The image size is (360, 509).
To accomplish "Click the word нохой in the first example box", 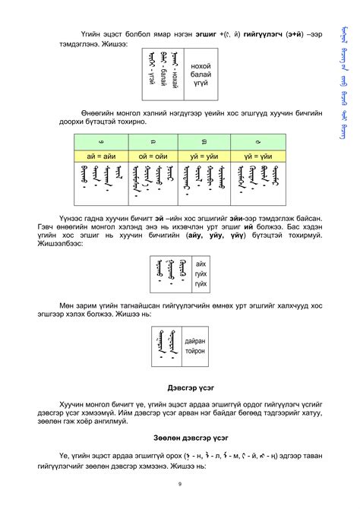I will (x=201, y=66).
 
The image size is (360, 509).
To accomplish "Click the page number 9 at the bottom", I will (x=180, y=485).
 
